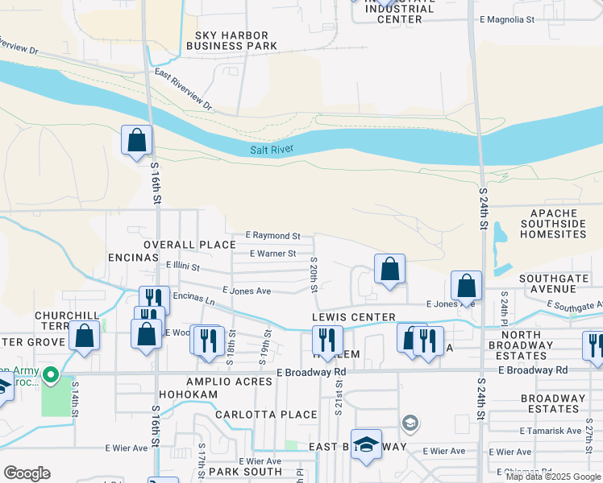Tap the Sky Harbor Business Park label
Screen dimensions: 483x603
coord(231,40)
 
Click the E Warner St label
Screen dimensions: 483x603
coord(273,254)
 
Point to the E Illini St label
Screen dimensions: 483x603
coord(182,265)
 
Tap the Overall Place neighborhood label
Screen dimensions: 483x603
coord(189,244)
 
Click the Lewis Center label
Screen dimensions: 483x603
coord(354,318)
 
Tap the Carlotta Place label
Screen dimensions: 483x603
coord(255,415)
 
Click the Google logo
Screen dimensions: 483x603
coord(27,473)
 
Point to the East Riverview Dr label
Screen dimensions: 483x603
coord(183,90)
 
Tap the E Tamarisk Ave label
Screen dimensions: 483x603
coord(551,431)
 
